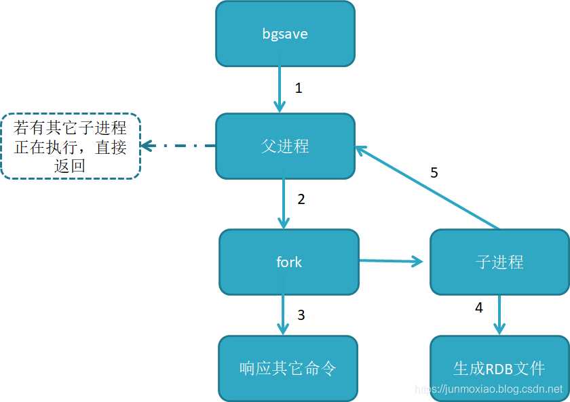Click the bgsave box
tap(285, 34)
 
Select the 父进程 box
tap(285, 146)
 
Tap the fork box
tap(289, 262)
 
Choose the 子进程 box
tap(499, 262)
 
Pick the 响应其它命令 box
tap(288, 368)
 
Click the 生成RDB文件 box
tap(499, 368)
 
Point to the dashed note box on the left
tap(71, 146)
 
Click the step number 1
tap(299, 88)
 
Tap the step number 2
tap(301, 199)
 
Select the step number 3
tap(301, 315)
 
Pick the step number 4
tap(479, 308)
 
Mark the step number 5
tap(434, 173)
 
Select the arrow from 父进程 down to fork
tap(284, 203)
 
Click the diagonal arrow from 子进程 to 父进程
tap(427, 187)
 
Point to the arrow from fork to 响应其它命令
tap(283, 315)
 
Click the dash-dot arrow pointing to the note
tap(178, 146)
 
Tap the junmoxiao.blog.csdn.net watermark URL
tap(489, 390)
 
